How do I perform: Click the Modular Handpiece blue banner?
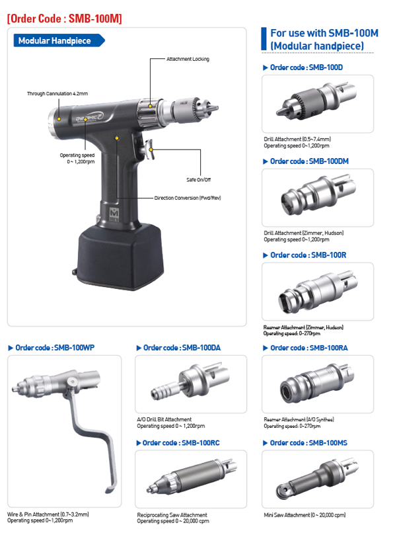pos(59,40)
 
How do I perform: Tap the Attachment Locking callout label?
pos(188,59)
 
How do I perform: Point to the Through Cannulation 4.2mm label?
pos(57,93)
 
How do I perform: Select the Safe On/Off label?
pos(198,180)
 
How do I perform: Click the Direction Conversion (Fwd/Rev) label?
pos(188,198)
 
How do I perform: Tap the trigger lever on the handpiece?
pos(149,149)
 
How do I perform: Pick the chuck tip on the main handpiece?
pos(214,108)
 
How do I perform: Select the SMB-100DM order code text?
pos(309,161)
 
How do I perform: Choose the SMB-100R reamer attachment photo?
pos(318,291)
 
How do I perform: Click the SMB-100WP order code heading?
pos(51,348)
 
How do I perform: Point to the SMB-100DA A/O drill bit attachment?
pos(191,380)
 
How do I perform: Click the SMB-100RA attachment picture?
pos(317,383)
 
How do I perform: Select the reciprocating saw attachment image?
pos(192,477)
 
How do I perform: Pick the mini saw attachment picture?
pos(318,477)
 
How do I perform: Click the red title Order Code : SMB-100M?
pos(65,19)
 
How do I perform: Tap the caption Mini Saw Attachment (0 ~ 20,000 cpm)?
pos(305,515)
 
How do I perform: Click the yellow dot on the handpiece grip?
pos(117,138)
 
